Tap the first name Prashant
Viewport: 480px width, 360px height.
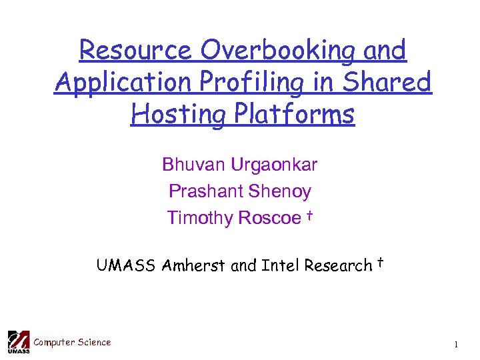(205, 191)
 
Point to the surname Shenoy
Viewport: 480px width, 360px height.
(279, 191)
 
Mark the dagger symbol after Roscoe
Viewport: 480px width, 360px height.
(310, 215)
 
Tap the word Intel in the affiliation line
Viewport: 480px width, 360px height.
(280, 265)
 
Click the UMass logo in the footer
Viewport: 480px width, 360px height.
(18, 341)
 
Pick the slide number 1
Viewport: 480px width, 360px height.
(456, 345)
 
